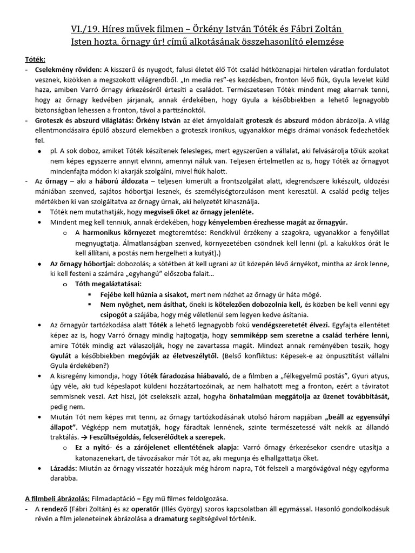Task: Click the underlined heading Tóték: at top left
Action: pyautogui.click(x=35, y=58)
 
